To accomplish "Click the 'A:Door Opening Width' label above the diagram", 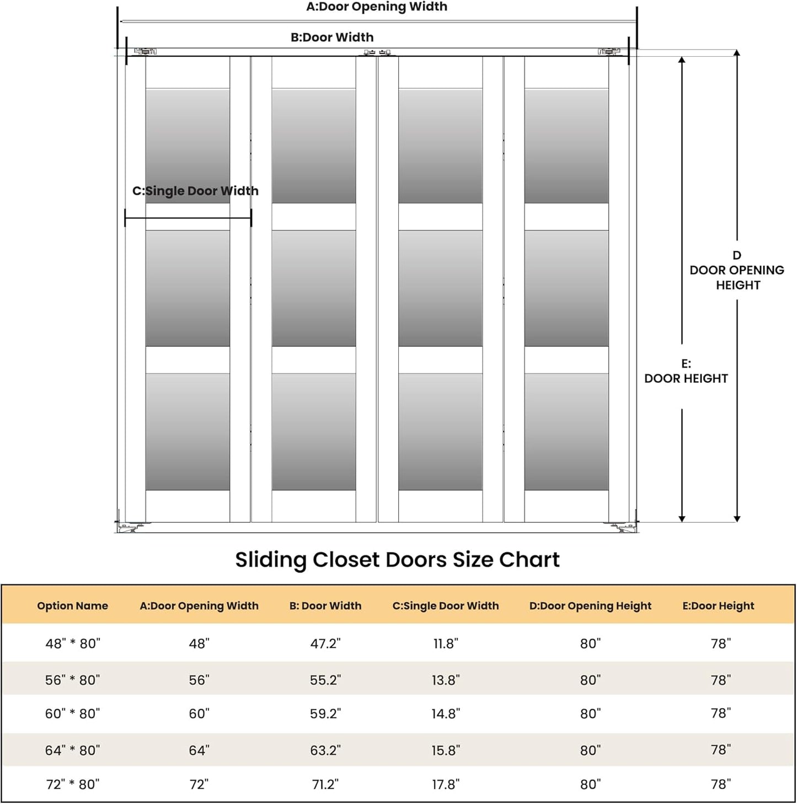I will pyautogui.click(x=377, y=7).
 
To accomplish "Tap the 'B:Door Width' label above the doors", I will pyautogui.click(x=332, y=37).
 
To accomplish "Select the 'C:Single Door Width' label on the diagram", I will pyautogui.click(x=195, y=191).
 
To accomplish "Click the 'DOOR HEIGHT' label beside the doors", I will pyautogui.click(x=686, y=378).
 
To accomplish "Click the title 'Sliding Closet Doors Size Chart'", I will pyautogui.click(x=397, y=560).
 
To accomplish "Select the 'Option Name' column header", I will pyautogui.click(x=72, y=605).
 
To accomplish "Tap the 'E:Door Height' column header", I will pyautogui.click(x=718, y=605).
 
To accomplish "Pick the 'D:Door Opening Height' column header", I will pyautogui.click(x=590, y=605).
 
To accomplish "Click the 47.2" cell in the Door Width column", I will pyautogui.click(x=325, y=644).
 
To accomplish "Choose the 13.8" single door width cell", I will pyautogui.click(x=446, y=680).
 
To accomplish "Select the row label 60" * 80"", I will pyautogui.click(x=72, y=714).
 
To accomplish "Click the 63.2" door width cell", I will pyautogui.click(x=325, y=750).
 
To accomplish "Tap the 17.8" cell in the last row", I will pyautogui.click(x=446, y=784).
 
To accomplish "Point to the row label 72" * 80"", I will pyautogui.click(x=72, y=784).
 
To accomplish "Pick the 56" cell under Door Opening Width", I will pyautogui.click(x=199, y=680).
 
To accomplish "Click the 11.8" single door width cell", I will pyautogui.click(x=446, y=644).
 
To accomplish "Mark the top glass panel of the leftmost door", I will pyautogui.click(x=188, y=146).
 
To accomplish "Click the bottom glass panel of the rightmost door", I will pyautogui.click(x=566, y=432).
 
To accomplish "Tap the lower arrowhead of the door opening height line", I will pyautogui.click(x=737, y=519).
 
